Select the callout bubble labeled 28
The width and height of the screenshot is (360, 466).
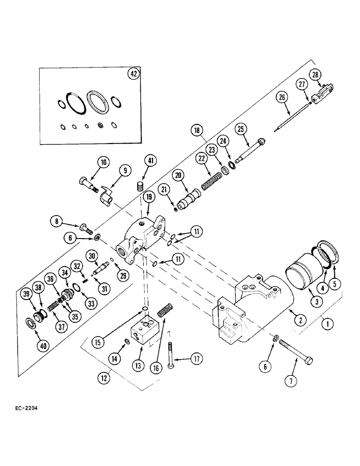pyautogui.click(x=316, y=75)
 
